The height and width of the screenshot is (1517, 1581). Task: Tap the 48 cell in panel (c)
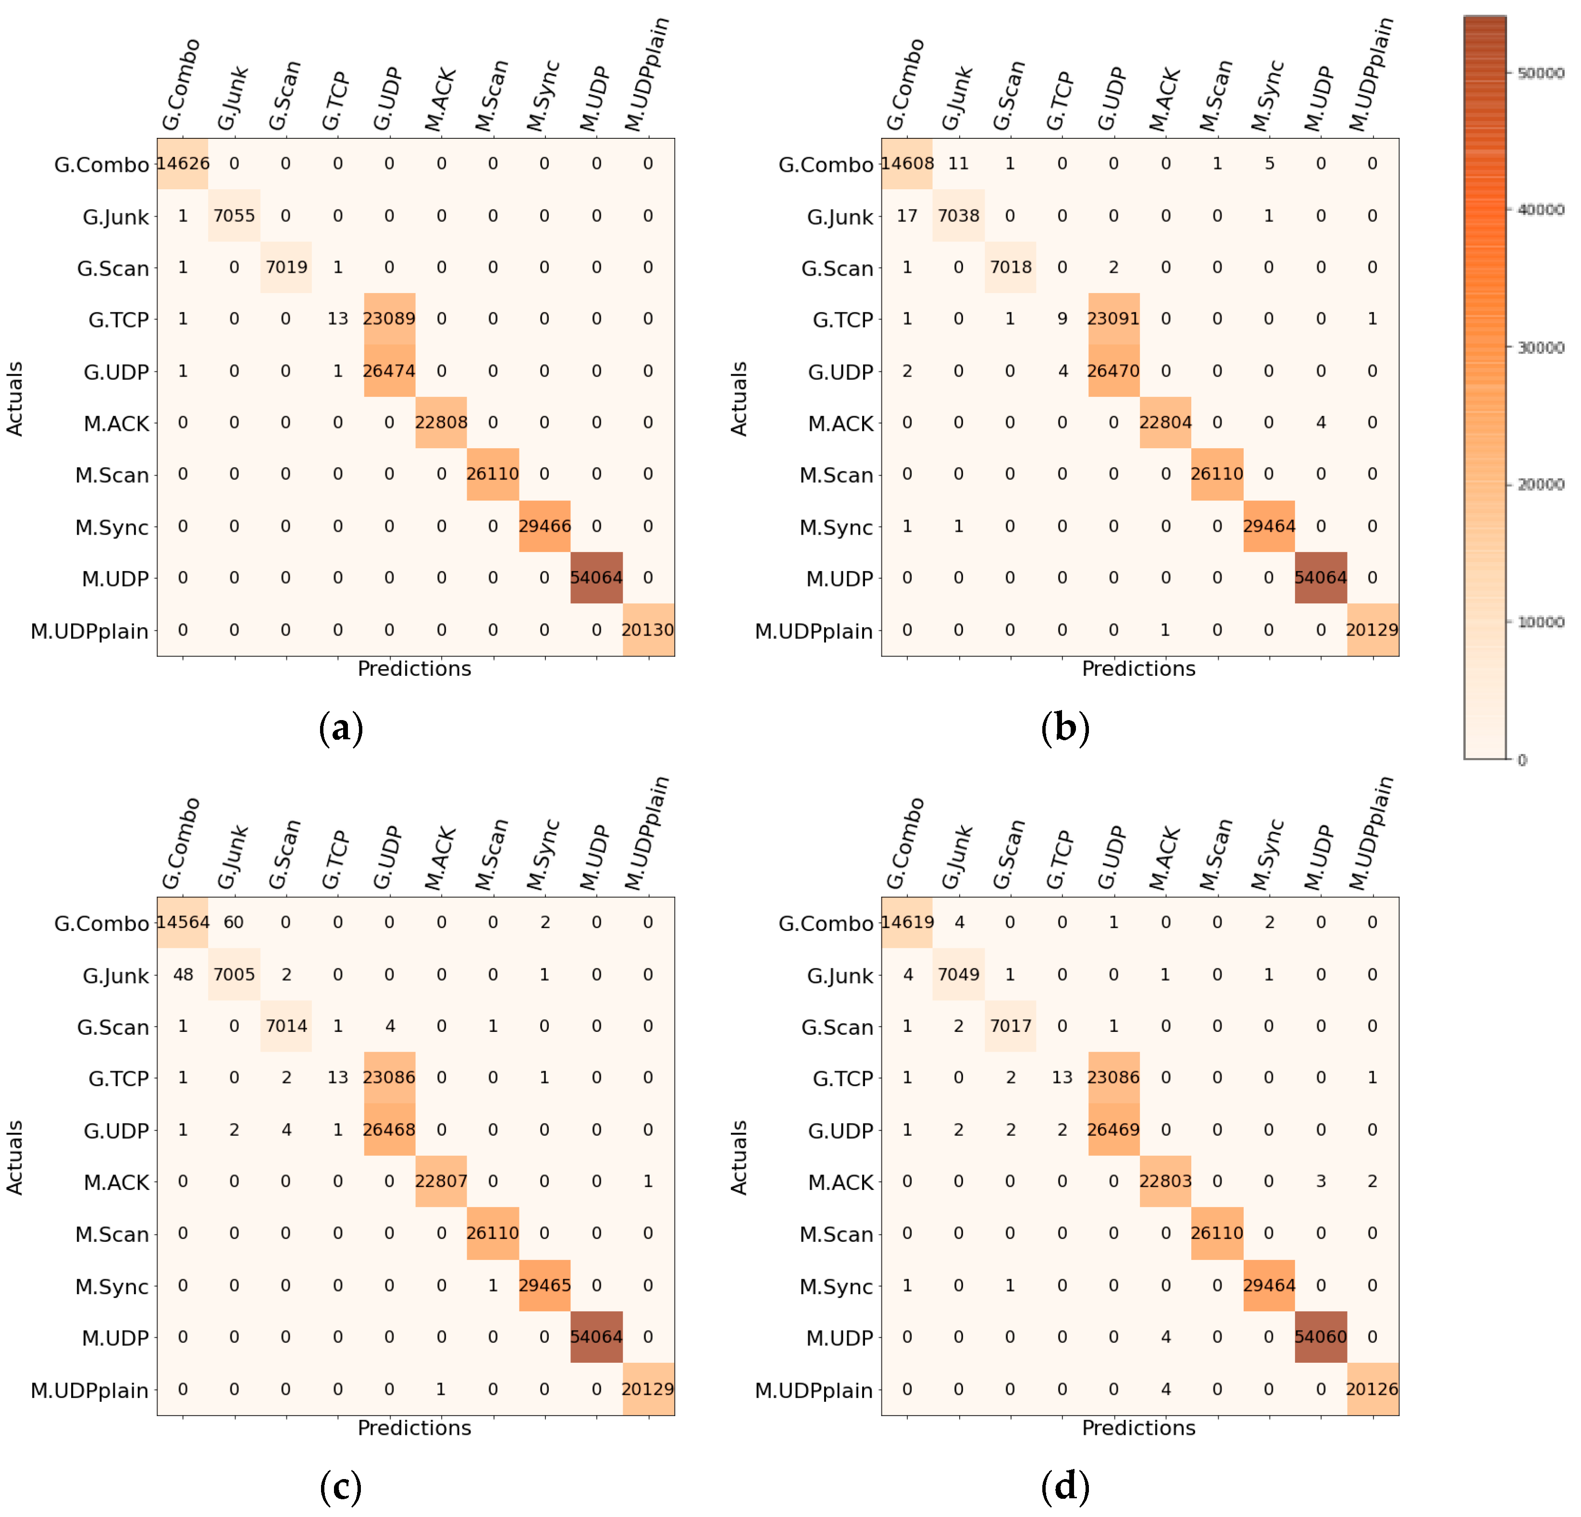point(183,974)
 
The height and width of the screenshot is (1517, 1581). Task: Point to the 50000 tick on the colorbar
point(1540,73)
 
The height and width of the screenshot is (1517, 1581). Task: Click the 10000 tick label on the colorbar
point(1540,622)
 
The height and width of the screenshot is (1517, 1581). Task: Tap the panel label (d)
point(1065,1486)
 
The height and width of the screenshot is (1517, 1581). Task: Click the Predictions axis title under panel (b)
point(1137,669)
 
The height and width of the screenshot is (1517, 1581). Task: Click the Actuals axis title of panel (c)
point(14,1157)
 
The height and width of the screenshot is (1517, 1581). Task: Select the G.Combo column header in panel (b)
point(904,85)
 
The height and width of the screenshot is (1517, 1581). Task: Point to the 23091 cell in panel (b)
point(1113,318)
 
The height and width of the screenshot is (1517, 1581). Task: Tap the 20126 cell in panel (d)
point(1371,1389)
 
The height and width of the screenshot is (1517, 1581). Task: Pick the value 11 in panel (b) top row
point(958,164)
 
